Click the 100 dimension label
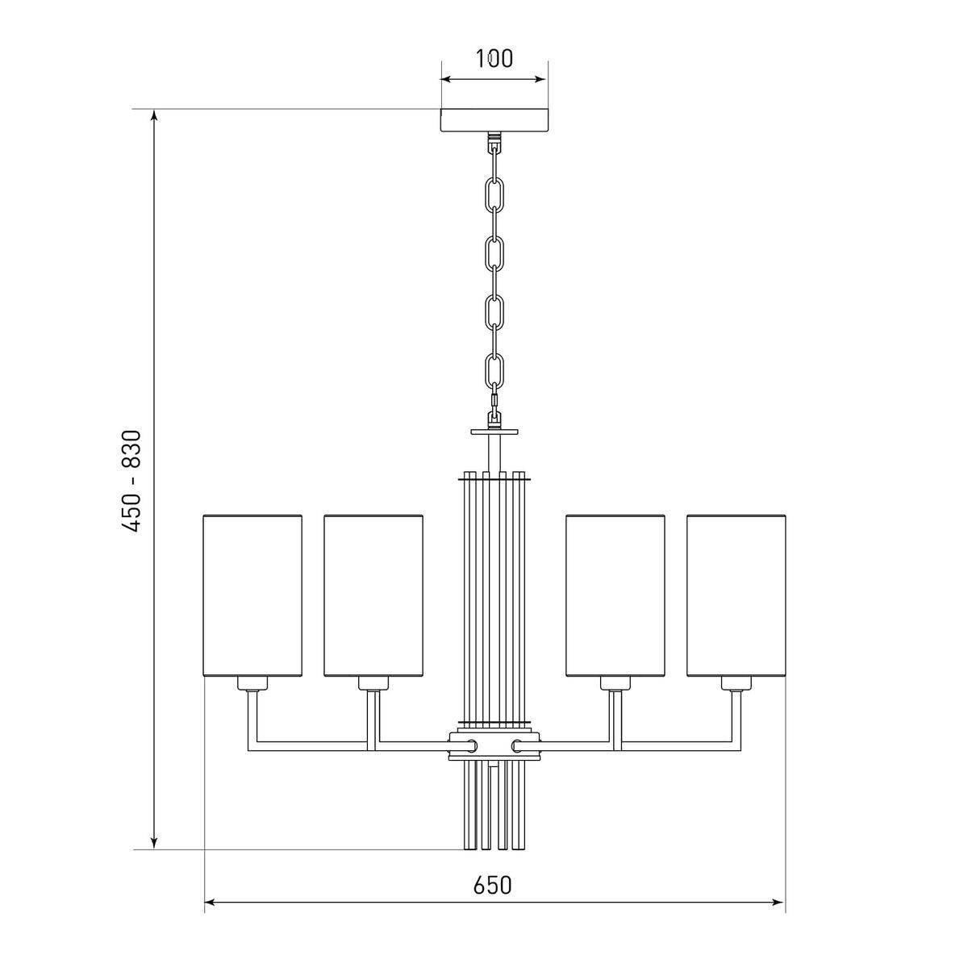click(x=494, y=58)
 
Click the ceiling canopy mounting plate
click(x=494, y=120)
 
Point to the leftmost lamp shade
click(x=252, y=596)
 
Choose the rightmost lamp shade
click(x=736, y=596)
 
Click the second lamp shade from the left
click(x=373, y=596)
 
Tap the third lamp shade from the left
click(x=615, y=596)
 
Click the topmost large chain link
click(x=494, y=194)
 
